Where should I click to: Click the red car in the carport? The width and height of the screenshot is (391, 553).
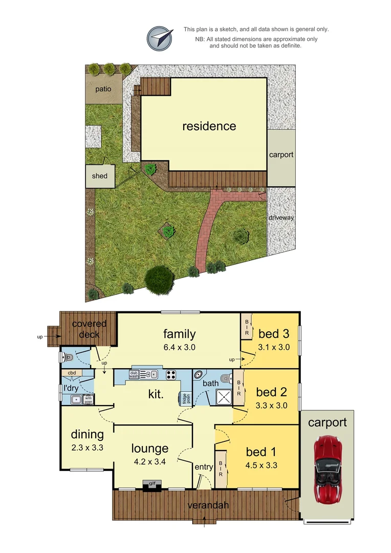click(x=327, y=469)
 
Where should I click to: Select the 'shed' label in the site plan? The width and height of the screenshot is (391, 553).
click(x=100, y=176)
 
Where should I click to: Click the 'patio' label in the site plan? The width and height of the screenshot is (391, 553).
click(x=103, y=89)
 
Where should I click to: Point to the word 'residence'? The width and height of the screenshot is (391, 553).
click(x=209, y=126)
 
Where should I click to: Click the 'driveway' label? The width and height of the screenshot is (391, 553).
click(x=281, y=218)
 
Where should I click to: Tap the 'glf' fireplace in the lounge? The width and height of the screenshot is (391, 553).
click(x=151, y=482)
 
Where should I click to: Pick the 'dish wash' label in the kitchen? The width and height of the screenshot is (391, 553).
click(x=134, y=374)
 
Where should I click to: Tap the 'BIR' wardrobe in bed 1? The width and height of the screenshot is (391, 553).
click(x=221, y=468)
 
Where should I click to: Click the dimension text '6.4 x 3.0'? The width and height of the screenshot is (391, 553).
click(x=179, y=347)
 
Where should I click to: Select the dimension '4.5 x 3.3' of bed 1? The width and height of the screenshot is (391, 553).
click(x=260, y=465)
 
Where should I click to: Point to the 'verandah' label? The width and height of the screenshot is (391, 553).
click(x=207, y=505)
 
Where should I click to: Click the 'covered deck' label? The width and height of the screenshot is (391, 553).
click(x=89, y=329)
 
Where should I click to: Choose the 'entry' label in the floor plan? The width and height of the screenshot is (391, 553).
click(x=204, y=467)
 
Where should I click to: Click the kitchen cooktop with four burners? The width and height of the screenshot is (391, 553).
click(x=171, y=374)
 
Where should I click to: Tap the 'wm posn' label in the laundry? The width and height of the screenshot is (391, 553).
click(x=89, y=399)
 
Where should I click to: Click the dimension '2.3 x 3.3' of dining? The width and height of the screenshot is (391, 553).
click(x=87, y=448)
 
